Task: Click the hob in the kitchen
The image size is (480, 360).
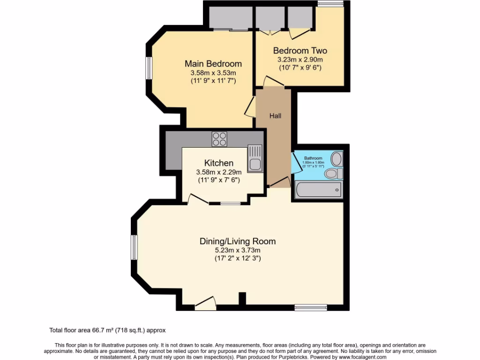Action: (x=219, y=139)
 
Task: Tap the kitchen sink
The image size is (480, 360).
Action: (x=255, y=158)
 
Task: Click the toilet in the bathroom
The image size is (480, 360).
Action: (x=334, y=174)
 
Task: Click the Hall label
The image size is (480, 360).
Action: (x=275, y=115)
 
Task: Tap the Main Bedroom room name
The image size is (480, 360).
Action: (x=213, y=64)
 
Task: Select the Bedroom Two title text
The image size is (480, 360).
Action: (x=300, y=51)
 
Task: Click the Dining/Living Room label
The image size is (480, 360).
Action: (x=237, y=241)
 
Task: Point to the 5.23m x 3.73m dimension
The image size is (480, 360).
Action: (x=237, y=250)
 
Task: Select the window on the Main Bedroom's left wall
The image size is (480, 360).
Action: (x=148, y=68)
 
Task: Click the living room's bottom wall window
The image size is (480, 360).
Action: (x=310, y=307)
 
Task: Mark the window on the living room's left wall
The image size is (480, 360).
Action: (x=134, y=247)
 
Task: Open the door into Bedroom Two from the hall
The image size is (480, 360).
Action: (x=274, y=82)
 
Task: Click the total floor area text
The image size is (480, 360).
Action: (x=107, y=330)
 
